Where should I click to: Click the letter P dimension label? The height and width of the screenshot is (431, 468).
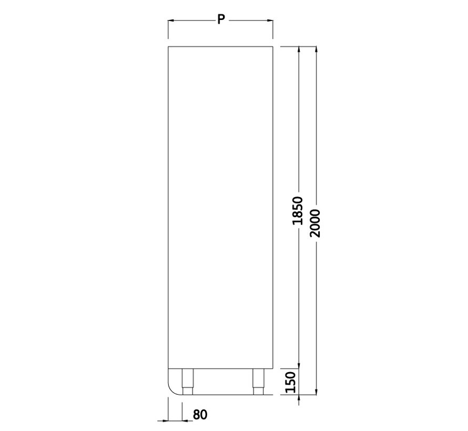[220, 19]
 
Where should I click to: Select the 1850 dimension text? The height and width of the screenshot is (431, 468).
[298, 210]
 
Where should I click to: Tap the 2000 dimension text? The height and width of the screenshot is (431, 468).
[315, 223]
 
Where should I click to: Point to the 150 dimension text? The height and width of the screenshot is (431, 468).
[290, 382]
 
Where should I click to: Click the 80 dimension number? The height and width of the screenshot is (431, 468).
[200, 415]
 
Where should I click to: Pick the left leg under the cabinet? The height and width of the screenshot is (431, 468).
[187, 382]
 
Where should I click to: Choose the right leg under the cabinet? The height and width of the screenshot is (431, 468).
[259, 382]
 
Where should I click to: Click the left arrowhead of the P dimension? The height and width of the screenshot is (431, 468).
[171, 20]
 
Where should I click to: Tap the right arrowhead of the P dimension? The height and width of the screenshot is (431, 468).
[270, 20]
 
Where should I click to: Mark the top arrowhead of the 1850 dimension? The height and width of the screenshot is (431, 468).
[299, 49]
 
